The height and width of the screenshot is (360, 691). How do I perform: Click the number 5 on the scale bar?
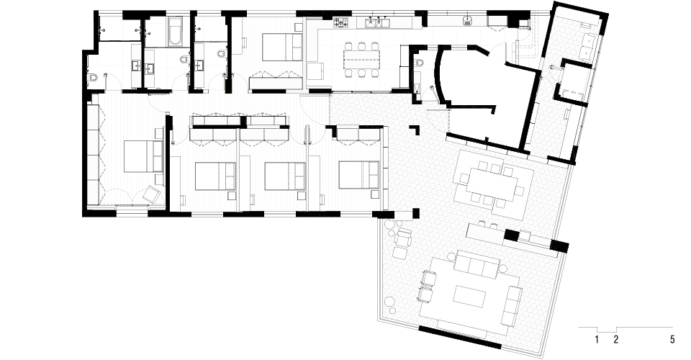tap(672, 339)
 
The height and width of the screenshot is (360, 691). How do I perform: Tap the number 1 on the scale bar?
tap(597, 339)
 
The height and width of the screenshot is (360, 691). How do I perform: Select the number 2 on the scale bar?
tap(616, 339)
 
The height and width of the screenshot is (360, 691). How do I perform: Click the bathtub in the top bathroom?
tap(176, 32)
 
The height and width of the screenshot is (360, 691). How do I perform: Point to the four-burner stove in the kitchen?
tap(340, 22)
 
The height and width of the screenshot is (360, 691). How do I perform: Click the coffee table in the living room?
tap(469, 296)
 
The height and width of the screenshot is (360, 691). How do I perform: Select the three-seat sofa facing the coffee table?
tap(477, 263)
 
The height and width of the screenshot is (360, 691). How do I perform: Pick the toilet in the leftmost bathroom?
tap(93, 78)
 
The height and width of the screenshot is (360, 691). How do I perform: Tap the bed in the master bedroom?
tap(144, 156)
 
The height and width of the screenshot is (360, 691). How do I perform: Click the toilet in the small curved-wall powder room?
tap(419, 63)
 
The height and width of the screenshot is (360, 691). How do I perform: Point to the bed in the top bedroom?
tap(282, 47)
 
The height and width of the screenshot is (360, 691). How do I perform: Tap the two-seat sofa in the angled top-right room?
tap(589, 44)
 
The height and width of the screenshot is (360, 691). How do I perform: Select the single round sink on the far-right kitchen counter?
tap(467, 19)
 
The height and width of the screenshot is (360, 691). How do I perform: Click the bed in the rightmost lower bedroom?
tap(358, 175)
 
